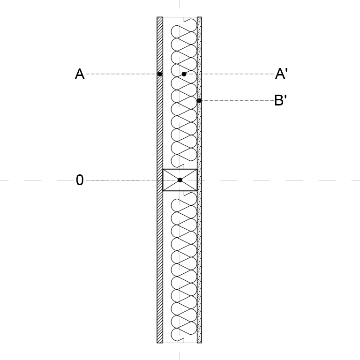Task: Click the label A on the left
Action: point(80,74)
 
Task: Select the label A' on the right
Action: point(281,74)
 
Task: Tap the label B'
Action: point(281,100)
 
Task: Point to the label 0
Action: point(80,180)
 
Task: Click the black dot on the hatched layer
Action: point(160,74)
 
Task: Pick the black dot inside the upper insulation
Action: point(184,74)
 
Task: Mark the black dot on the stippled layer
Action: point(199,101)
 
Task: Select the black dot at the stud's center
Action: point(180,180)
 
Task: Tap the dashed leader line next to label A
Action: point(121,74)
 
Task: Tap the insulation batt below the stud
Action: point(184,267)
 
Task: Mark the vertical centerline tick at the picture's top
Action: point(180,4)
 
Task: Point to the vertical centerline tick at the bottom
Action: point(180,356)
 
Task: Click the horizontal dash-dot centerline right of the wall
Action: point(281,180)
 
